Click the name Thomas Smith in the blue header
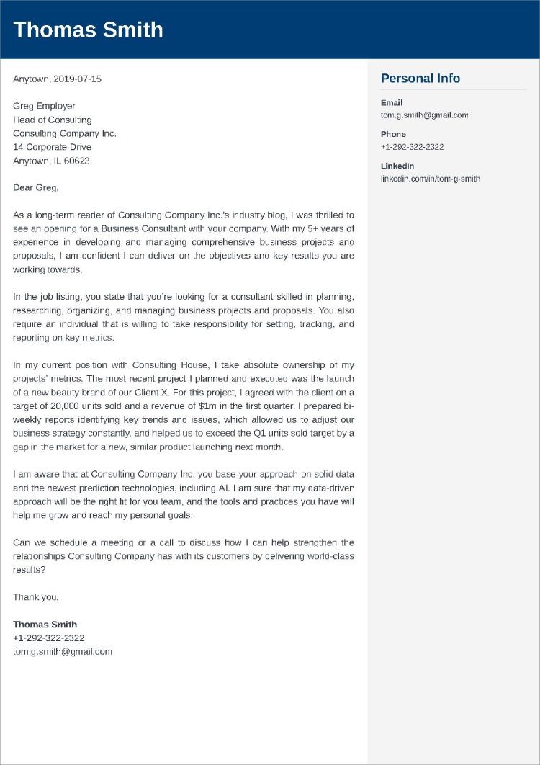coord(88,30)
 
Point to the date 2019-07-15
coord(77,79)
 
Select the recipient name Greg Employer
coord(44,106)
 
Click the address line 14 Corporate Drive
coord(52,147)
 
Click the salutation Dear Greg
coord(35,188)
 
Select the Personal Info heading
coord(420,79)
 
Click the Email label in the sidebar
coord(392,103)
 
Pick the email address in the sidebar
coord(424,115)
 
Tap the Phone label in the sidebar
coord(393,134)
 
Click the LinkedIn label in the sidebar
coord(397,166)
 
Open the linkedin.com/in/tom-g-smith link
coord(430,179)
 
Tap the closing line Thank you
coord(35,597)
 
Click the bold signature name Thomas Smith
coord(45,625)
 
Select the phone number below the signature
coord(48,638)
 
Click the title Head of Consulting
coord(52,120)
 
